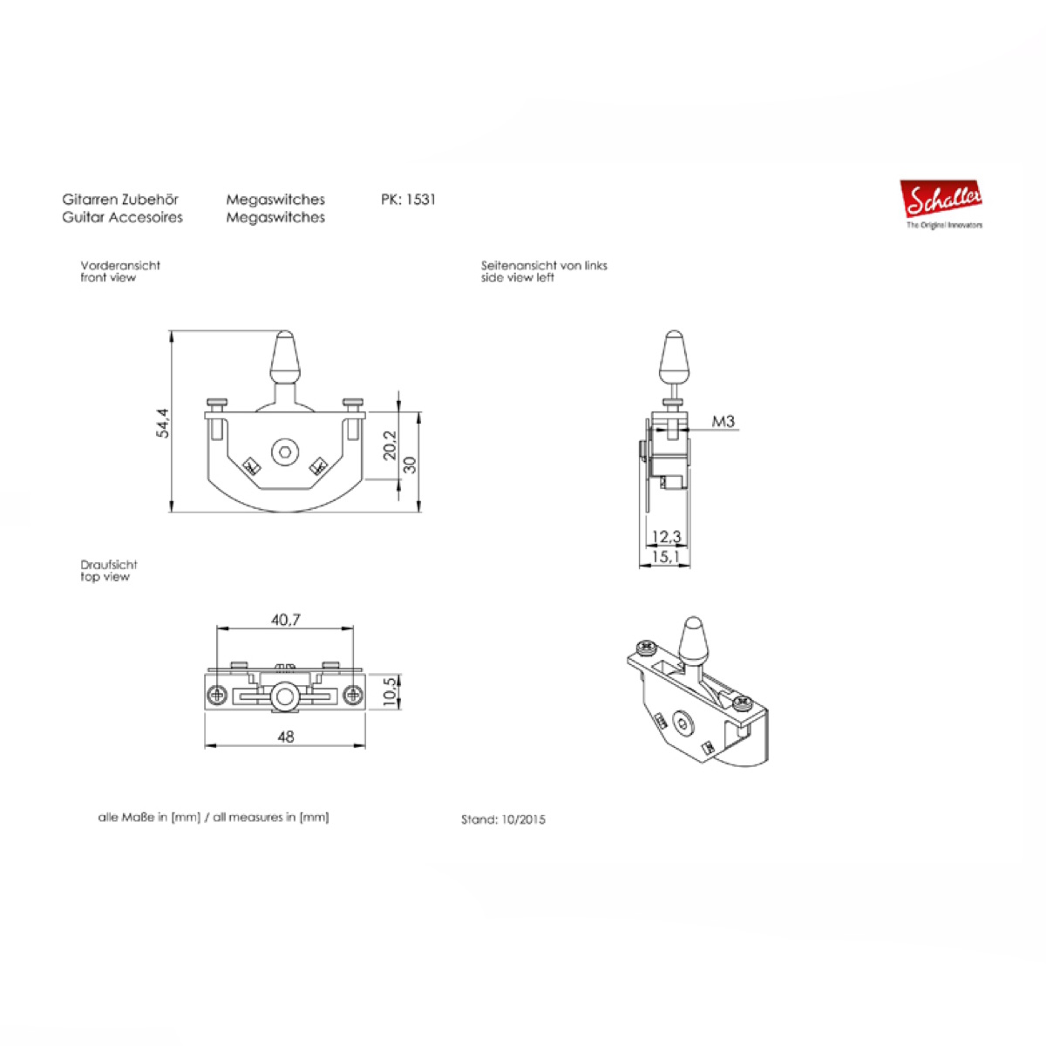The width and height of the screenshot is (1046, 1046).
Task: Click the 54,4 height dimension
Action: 163,423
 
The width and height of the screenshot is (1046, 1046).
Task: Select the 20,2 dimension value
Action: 391,445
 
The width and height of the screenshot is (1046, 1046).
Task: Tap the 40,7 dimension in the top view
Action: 286,620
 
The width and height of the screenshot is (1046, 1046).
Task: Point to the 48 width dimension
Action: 286,737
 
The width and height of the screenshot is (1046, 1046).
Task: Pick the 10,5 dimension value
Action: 391,692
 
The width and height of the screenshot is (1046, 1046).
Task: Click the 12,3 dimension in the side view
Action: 666,537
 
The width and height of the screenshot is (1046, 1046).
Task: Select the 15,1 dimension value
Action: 666,556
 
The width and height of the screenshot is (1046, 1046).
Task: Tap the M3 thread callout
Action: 723,421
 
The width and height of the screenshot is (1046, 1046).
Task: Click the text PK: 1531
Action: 408,200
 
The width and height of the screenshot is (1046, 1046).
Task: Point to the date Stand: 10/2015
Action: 503,819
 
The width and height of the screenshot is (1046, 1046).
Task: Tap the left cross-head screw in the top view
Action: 218,694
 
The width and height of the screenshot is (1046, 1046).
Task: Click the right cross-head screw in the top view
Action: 353,694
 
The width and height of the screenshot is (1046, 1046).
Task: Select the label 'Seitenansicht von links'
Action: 544,266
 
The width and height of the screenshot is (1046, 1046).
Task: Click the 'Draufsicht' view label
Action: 109,565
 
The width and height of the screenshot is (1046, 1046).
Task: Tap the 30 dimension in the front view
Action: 411,465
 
